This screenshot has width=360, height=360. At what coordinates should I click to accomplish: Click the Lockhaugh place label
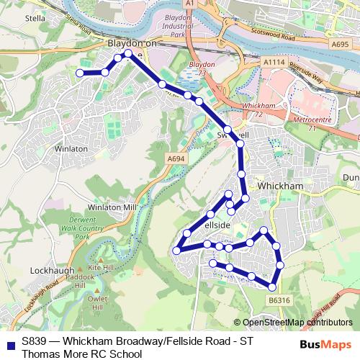[x=49, y=270]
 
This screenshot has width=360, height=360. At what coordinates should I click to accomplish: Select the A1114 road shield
[x=273, y=63]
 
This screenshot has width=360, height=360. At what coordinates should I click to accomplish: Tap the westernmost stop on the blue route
[x=80, y=73]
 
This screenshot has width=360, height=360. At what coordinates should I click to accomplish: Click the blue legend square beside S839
[x=9, y=343]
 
